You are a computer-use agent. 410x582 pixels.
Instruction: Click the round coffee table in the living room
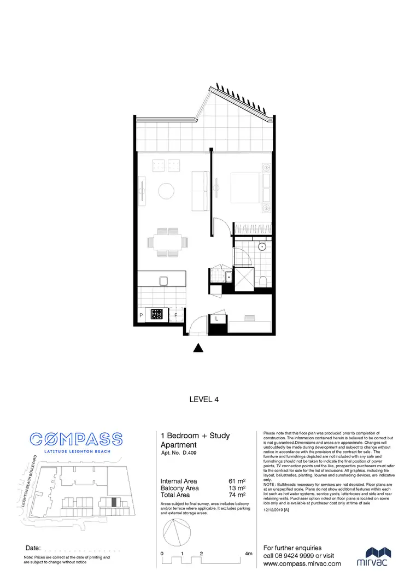pos(166,190)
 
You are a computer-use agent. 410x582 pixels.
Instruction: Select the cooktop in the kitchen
pos(157,314)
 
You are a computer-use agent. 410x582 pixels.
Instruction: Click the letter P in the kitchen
pos(141,315)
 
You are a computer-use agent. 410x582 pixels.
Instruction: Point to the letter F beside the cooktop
pos(175,315)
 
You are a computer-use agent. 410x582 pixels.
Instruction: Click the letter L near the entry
pos(216,318)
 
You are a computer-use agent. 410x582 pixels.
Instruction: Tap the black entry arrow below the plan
pos(200,348)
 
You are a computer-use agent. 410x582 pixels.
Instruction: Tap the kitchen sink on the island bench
pos(163,281)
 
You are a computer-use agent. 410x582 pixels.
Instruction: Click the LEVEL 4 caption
pos(205,399)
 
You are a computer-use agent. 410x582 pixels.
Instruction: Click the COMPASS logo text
pos(77,438)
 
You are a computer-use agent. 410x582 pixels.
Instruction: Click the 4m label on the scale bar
pos(249,554)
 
